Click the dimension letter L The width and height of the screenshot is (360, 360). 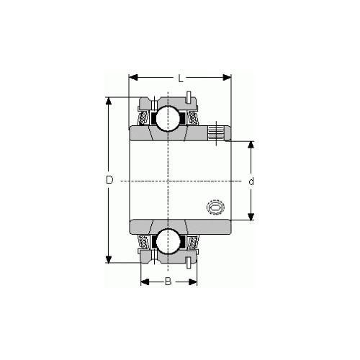pos(179,77)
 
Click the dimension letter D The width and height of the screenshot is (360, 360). pos(109,180)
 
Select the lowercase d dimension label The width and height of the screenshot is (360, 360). pos(251,181)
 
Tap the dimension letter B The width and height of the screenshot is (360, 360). pos(168,282)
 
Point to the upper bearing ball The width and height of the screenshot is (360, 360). pos(168,115)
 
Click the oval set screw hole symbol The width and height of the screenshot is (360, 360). pos(215,207)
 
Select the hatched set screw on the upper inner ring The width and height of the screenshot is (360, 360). pos(217,132)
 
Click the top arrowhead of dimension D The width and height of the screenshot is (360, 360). pos(109,100)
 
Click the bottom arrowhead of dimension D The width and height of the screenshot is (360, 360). pos(109,260)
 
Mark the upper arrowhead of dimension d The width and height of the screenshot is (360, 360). pos(251,144)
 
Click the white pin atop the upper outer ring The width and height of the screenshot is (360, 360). pos(188,96)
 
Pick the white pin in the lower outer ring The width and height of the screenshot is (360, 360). pos(188,261)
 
